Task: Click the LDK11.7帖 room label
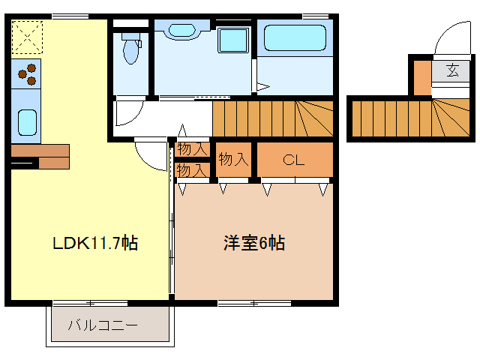(x=94, y=243)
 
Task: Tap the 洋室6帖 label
(x=254, y=243)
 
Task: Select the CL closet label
(x=293, y=159)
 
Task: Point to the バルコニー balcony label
(x=103, y=326)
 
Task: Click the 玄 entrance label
(x=452, y=71)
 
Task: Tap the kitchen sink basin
(x=26, y=120)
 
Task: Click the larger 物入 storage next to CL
(x=232, y=159)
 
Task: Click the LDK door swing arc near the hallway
(x=150, y=155)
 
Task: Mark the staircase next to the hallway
(x=271, y=118)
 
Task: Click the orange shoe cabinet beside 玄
(x=421, y=76)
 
